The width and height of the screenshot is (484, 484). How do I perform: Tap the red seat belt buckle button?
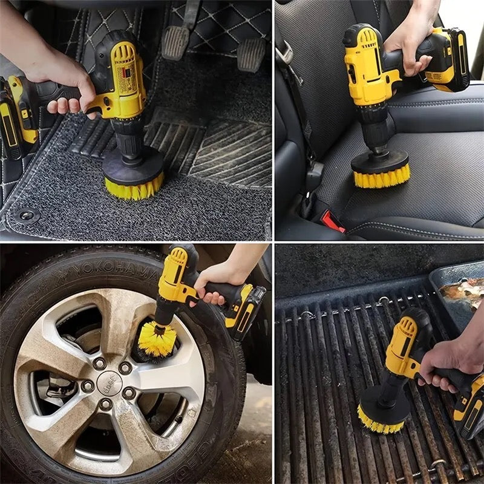[332, 221]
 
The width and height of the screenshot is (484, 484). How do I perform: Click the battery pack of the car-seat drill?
[447, 60]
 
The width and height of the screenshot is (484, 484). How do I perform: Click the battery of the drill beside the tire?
[247, 312]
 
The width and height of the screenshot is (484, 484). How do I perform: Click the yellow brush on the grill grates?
[381, 419]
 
